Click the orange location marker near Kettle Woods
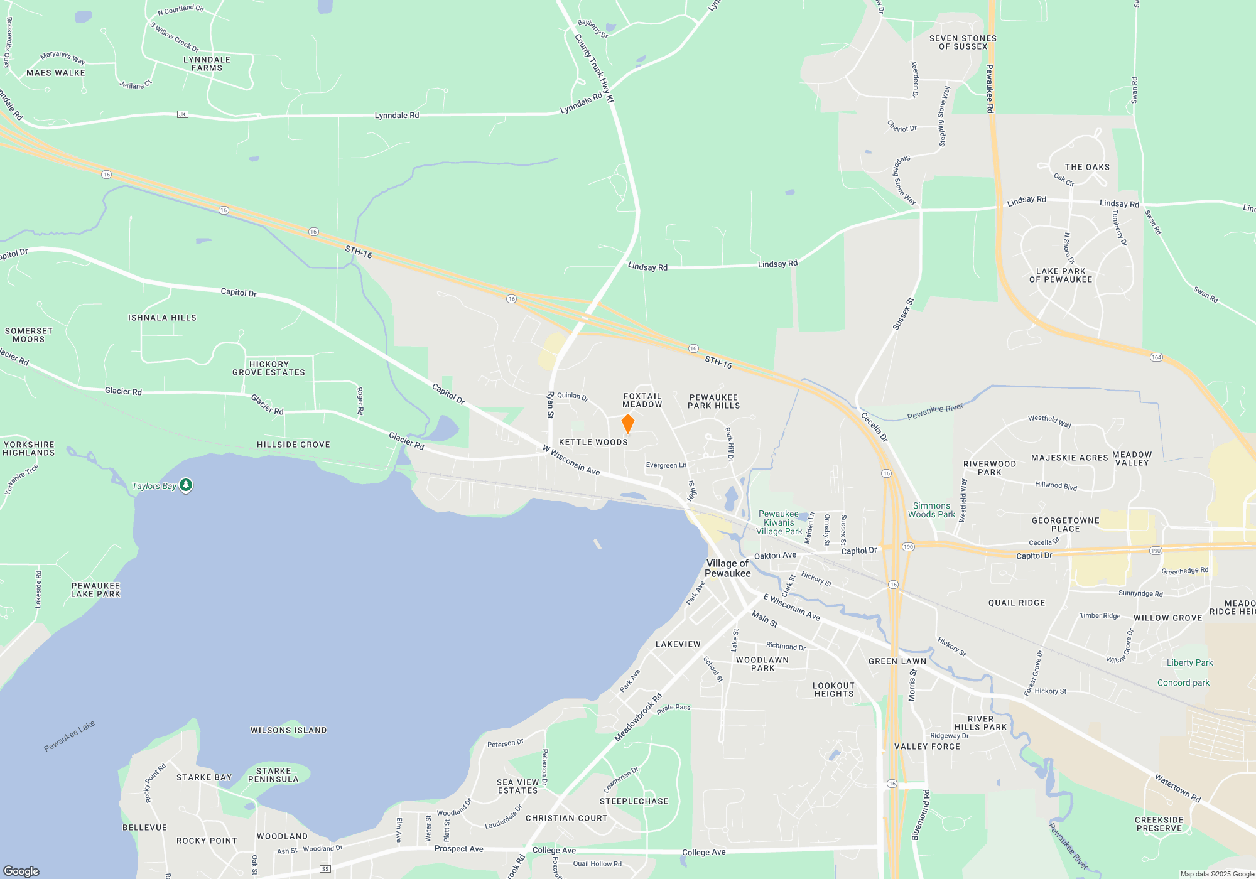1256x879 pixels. click(627, 424)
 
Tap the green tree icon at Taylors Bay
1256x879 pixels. click(185, 485)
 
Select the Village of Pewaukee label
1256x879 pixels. click(727, 568)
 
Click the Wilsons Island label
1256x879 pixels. click(288, 730)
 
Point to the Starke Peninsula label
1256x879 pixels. click(273, 775)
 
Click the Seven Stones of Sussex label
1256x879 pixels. click(963, 42)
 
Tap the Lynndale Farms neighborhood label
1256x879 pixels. click(207, 64)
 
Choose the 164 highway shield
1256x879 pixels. click(1156, 357)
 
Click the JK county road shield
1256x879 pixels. click(182, 114)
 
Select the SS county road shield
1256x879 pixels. click(325, 869)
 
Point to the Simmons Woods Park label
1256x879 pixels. click(931, 510)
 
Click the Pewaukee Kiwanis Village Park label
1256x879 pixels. click(779, 522)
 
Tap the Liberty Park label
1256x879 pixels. click(1189, 662)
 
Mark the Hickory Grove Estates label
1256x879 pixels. click(269, 369)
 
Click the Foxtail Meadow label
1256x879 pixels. click(642, 401)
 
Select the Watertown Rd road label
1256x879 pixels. click(1177, 788)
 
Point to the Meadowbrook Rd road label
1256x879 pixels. click(638, 717)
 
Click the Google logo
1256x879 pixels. click(21, 871)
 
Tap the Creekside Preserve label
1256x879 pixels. click(1159, 824)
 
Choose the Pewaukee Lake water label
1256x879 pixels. click(69, 736)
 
